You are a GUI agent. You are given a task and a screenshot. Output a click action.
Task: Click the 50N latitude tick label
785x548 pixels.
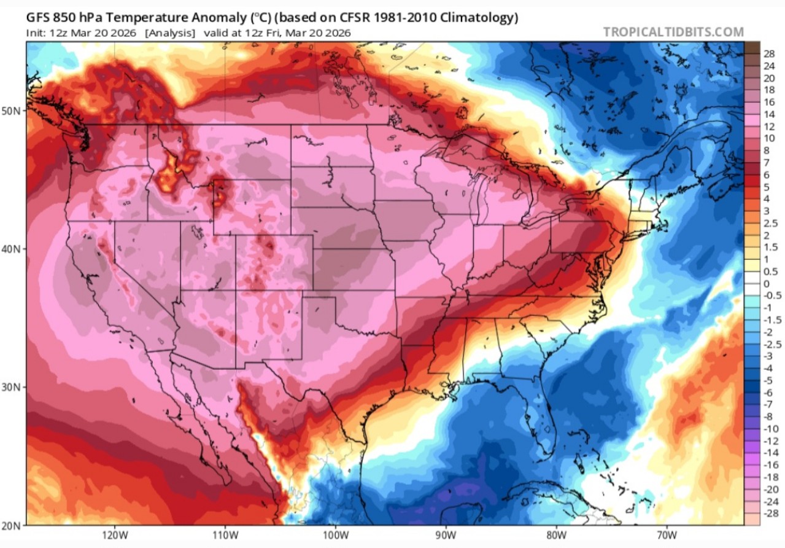(x=12, y=112)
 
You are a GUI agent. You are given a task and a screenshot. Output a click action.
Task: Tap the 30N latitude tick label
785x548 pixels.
(x=12, y=388)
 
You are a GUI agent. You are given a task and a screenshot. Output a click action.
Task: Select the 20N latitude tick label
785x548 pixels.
(x=12, y=526)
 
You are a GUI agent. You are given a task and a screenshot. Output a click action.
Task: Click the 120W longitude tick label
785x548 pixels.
(x=115, y=536)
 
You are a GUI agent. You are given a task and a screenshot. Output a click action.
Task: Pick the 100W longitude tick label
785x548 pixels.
(x=336, y=536)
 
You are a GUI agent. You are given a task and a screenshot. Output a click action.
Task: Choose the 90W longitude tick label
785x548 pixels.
(x=446, y=536)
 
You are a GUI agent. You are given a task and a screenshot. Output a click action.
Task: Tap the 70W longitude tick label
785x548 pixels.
(x=667, y=536)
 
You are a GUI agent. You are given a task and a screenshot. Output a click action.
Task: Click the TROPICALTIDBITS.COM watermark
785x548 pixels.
(x=673, y=33)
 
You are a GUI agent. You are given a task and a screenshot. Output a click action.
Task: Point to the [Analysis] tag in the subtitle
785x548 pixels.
(x=170, y=33)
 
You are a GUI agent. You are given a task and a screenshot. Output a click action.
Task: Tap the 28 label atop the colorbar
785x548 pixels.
(x=769, y=54)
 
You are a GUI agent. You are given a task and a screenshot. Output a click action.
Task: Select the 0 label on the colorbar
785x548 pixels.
(x=767, y=283)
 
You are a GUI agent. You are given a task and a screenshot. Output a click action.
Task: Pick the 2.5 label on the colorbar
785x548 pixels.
(x=770, y=223)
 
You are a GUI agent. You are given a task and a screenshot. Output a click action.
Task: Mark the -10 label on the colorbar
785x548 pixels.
(x=771, y=429)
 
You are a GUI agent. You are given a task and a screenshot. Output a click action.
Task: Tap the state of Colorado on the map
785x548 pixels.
(x=274, y=263)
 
